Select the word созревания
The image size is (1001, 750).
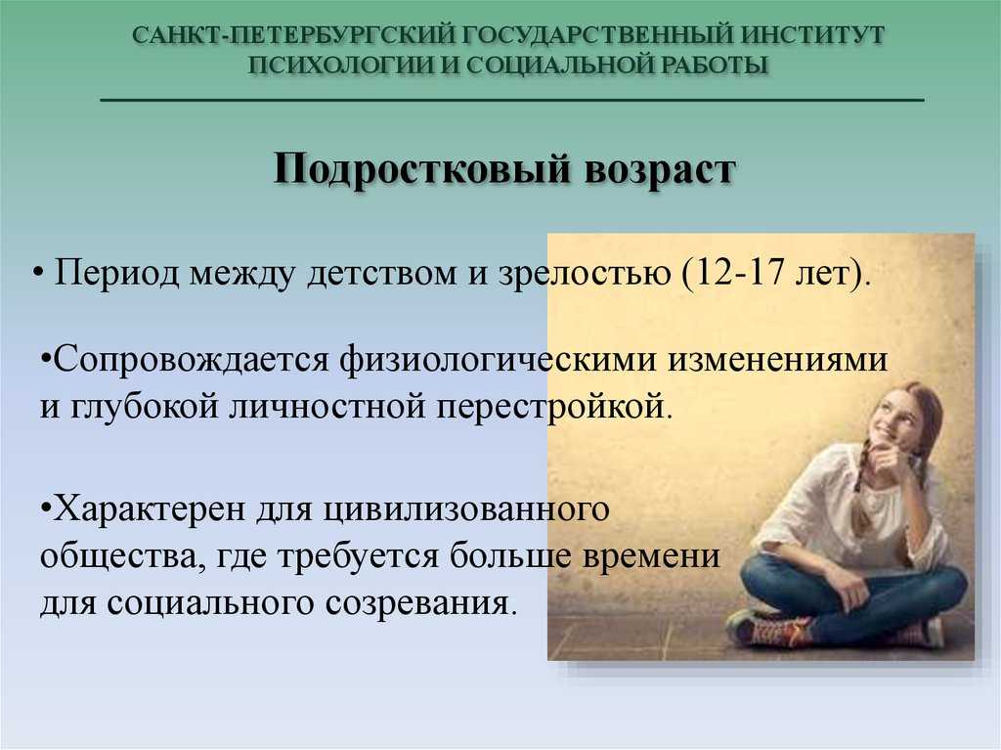click(x=418, y=603)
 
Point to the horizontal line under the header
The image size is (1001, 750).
click(x=512, y=101)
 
